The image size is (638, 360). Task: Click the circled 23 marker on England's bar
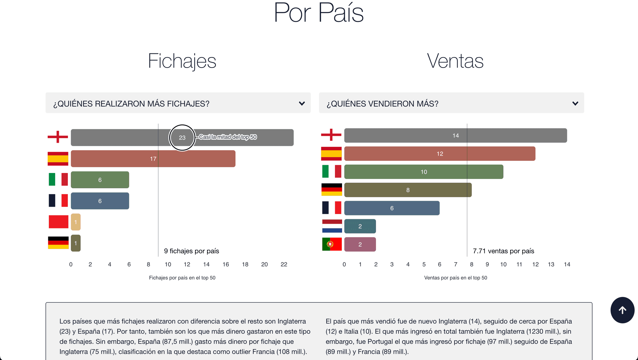182,137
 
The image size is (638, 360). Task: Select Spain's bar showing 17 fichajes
153,159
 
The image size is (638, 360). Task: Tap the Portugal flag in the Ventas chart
332,244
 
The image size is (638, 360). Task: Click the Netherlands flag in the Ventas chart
332,226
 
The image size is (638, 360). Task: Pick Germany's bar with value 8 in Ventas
407,190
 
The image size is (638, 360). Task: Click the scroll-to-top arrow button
622,310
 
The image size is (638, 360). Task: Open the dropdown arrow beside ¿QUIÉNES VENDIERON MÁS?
575,103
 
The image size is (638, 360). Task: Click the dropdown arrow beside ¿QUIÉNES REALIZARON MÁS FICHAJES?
302,103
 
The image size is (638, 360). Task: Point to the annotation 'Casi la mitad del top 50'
228,137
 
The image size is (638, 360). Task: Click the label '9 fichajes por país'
191,251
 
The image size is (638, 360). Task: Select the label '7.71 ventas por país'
503,251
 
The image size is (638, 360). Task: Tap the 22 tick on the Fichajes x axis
284,264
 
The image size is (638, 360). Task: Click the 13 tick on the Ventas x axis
551,264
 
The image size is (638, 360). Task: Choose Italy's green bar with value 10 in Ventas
423,172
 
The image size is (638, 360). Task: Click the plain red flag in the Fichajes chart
58,222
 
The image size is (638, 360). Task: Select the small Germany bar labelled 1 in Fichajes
76,243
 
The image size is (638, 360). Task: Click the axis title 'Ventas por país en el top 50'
455,278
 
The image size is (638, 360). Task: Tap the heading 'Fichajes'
182,61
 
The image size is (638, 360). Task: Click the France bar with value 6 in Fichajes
100,201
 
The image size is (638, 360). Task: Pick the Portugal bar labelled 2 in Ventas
360,244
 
